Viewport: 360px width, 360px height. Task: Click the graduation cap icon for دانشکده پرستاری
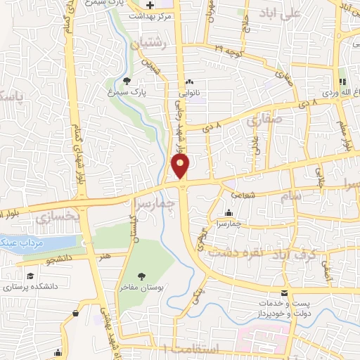[x=30, y=276]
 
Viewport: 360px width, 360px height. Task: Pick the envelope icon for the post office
[x=285, y=292]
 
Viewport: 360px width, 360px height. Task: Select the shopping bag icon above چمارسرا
[x=229, y=213]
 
